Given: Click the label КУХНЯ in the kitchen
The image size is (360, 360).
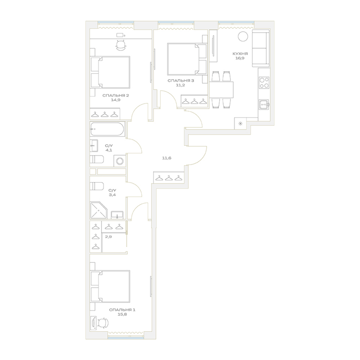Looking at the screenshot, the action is (240, 54).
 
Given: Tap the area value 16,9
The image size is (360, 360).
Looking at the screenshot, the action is (240, 58).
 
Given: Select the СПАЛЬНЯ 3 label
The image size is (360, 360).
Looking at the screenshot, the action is (181, 81).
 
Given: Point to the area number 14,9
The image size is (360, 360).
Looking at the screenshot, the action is (116, 100).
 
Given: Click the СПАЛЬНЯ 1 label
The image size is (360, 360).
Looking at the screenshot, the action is (122, 310).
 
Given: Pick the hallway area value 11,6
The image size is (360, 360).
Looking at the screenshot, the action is (166, 158).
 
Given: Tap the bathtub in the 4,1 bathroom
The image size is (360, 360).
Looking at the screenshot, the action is (108, 129).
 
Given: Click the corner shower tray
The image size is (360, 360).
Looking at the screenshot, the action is (99, 210).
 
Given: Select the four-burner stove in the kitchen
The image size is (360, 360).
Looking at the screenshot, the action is (264, 83).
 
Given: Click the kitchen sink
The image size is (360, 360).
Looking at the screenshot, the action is (264, 105).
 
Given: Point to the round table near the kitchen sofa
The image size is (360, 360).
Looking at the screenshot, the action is (243, 36).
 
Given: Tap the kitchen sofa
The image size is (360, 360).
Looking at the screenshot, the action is (261, 48).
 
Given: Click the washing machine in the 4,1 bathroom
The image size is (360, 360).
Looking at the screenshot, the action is (120, 161).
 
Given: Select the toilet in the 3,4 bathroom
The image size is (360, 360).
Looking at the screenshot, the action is (97, 186).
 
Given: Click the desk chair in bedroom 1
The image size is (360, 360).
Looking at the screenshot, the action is (103, 323).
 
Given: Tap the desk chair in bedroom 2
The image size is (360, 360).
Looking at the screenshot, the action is (121, 45).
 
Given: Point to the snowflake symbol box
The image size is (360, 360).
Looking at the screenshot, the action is (240, 123).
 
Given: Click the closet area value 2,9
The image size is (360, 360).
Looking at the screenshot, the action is (108, 237).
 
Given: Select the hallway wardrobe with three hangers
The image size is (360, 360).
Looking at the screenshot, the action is (169, 177).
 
